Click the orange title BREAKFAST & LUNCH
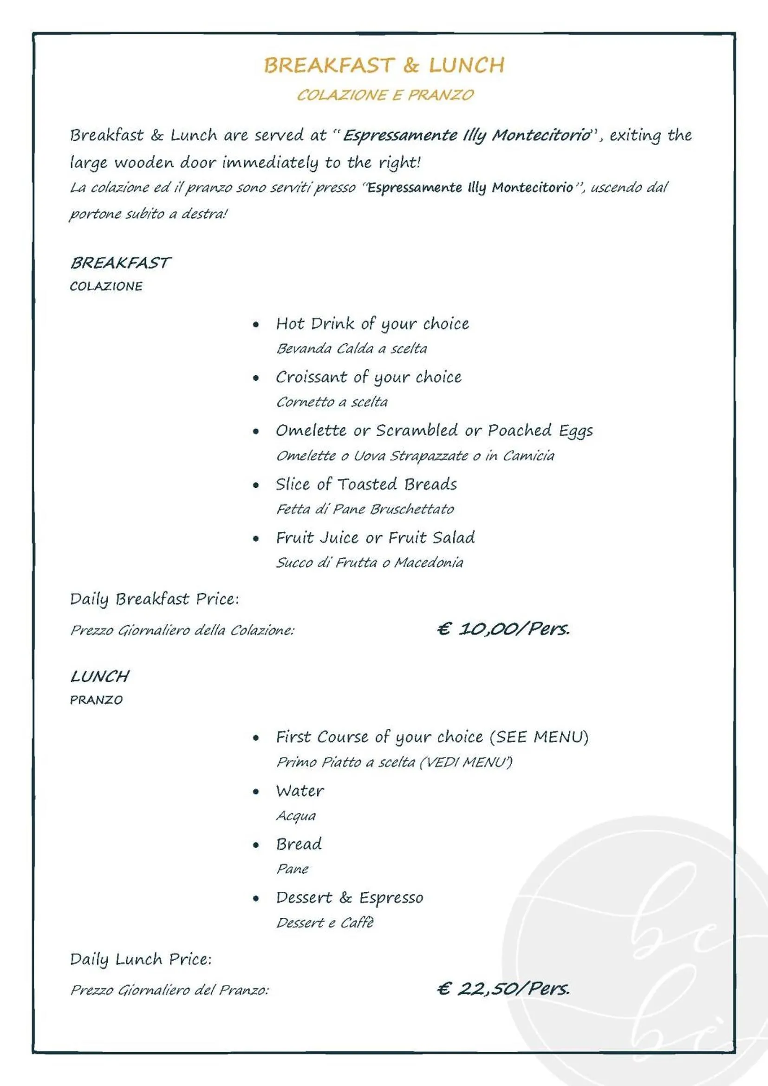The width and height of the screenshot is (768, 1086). tap(384, 65)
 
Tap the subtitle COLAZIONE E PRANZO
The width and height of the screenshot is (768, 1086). tap(385, 95)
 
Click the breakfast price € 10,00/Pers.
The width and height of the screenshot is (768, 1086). tap(503, 628)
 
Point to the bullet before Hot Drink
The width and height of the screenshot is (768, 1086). tap(256, 325)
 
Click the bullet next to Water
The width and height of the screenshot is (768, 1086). tap(256, 792)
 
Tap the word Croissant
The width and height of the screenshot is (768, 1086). tap(311, 377)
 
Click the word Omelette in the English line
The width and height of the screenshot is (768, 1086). tap(311, 431)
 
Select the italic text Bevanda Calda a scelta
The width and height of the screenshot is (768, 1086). tap(351, 348)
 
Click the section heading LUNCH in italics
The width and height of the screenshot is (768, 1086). tap(99, 676)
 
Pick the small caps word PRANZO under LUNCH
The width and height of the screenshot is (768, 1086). tap(96, 700)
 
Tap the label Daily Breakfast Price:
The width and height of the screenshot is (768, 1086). tap(154, 599)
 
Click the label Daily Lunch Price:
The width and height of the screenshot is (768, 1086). tap(140, 959)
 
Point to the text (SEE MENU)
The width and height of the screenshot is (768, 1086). tap(539, 737)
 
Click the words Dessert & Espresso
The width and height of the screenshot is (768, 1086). tap(350, 898)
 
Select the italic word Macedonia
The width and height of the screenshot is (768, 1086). tap(429, 563)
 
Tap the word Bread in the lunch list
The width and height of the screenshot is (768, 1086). tap(299, 844)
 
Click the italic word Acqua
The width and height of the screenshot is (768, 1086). tap(296, 816)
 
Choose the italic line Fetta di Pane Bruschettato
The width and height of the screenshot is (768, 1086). tap(364, 509)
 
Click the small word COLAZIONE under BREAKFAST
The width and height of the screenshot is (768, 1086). tap(106, 286)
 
